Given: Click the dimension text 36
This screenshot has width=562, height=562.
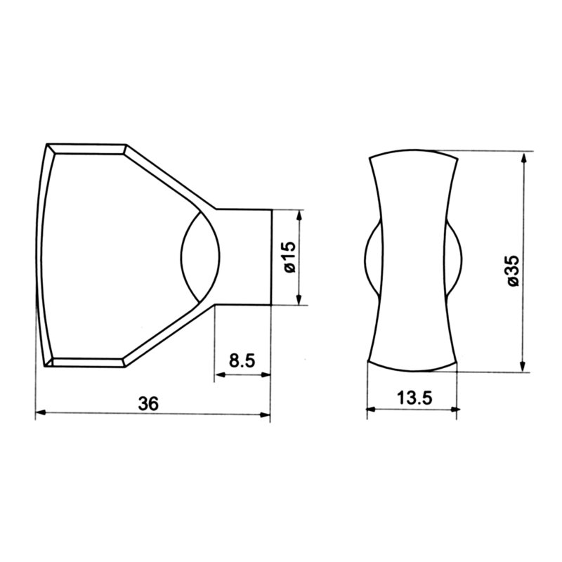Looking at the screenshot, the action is (148, 404).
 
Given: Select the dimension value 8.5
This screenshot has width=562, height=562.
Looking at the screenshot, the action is (242, 360).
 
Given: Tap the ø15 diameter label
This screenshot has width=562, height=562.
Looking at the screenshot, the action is (290, 256).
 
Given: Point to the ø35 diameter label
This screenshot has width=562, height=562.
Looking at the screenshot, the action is (513, 270).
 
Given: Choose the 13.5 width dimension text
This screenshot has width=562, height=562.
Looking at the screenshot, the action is (414, 398).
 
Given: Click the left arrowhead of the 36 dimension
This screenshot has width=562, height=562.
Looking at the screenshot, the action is (41, 413).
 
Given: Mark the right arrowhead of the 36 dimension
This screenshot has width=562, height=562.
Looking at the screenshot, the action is (265, 414).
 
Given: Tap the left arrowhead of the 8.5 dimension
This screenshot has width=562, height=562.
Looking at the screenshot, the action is (220, 374).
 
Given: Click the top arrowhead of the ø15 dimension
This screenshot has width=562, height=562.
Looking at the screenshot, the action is (300, 215).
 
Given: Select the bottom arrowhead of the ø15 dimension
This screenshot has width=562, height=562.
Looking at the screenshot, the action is (300, 299).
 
